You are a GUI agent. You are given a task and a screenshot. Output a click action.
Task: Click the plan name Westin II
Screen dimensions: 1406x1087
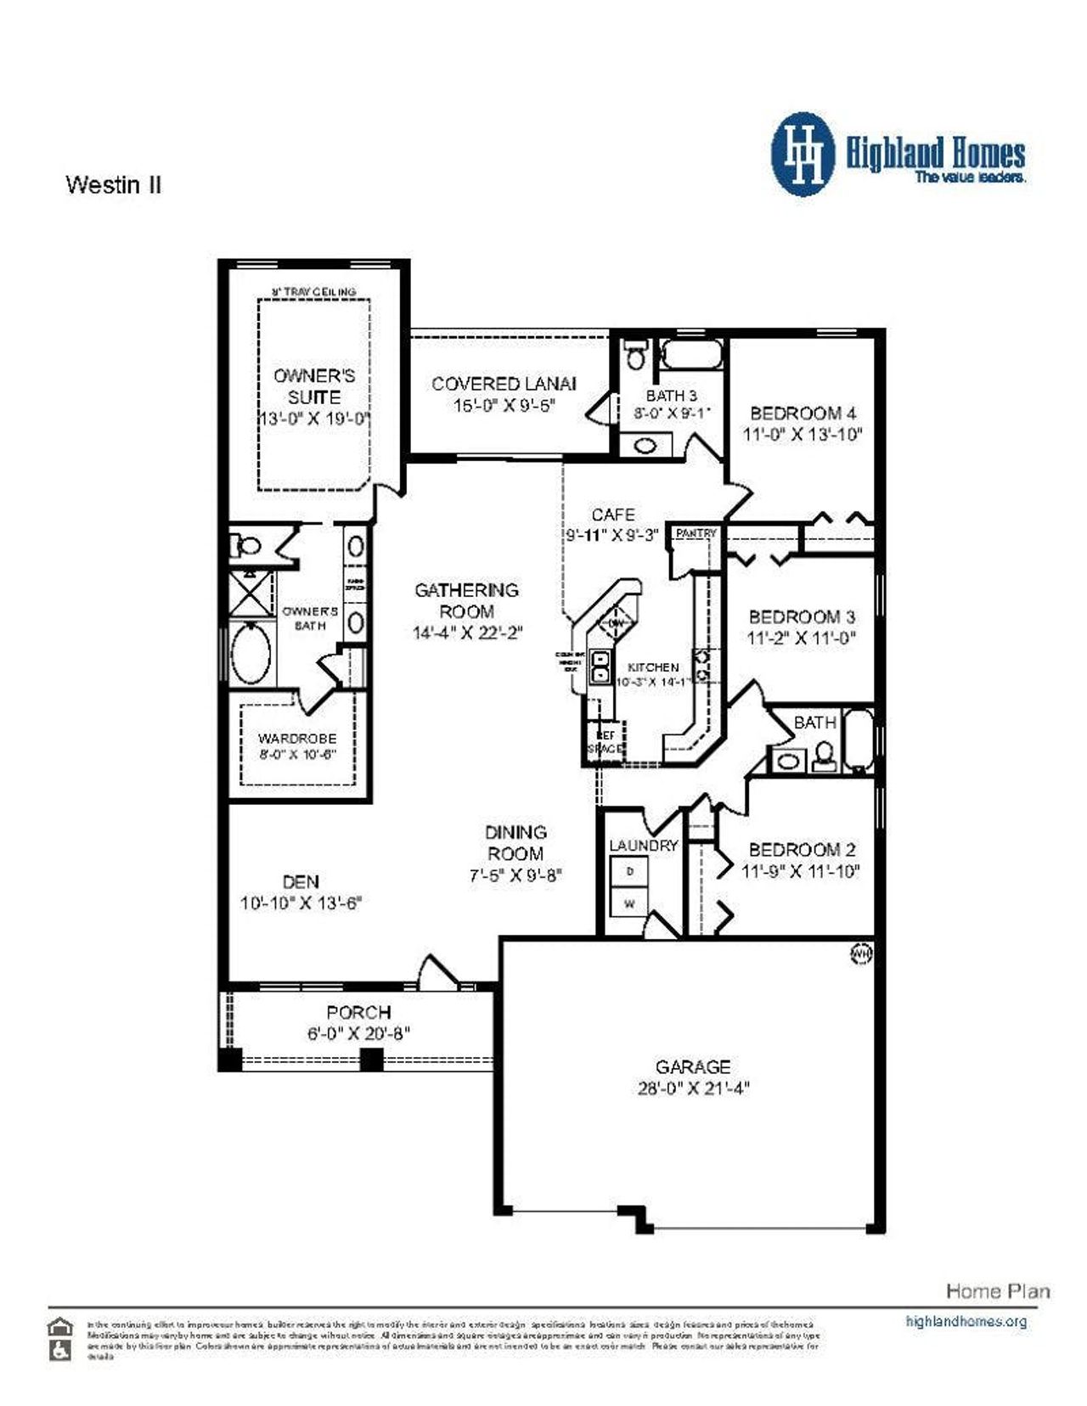(113, 184)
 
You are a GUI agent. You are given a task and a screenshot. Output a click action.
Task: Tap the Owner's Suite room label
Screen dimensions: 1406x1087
(314, 386)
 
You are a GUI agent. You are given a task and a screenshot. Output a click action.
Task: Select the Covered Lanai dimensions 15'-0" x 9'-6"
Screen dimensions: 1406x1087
(504, 406)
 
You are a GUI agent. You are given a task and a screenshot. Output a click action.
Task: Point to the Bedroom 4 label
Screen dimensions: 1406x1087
(803, 413)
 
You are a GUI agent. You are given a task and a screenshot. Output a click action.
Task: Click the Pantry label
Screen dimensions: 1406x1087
(696, 533)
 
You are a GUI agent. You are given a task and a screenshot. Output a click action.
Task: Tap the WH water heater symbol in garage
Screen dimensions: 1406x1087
(860, 955)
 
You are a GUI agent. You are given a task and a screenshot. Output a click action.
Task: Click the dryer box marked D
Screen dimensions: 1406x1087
(629, 871)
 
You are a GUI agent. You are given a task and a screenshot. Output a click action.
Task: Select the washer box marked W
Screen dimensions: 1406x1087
(629, 903)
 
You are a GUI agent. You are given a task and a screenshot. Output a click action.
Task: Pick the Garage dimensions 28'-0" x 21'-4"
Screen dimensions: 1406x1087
(693, 1088)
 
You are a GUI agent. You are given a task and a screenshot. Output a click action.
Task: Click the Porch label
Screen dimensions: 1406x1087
(358, 1012)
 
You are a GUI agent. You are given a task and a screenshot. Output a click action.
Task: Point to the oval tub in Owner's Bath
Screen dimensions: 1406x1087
(251, 654)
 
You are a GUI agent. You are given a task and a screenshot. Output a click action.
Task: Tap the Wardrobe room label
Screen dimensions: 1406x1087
(297, 739)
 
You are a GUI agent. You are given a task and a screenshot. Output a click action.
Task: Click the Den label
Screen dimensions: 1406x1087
(301, 882)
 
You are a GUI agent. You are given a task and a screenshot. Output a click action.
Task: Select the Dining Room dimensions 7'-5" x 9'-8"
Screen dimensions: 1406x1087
(515, 875)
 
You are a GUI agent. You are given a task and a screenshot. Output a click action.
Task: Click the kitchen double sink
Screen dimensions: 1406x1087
(600, 666)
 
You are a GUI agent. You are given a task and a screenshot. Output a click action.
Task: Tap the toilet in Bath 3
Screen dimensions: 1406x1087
(634, 355)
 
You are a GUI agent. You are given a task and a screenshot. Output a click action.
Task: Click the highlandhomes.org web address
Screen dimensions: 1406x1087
(966, 1321)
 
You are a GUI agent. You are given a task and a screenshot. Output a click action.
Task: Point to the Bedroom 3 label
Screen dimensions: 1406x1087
(802, 617)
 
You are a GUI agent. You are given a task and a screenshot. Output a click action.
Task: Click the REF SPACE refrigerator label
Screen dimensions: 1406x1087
(605, 742)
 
